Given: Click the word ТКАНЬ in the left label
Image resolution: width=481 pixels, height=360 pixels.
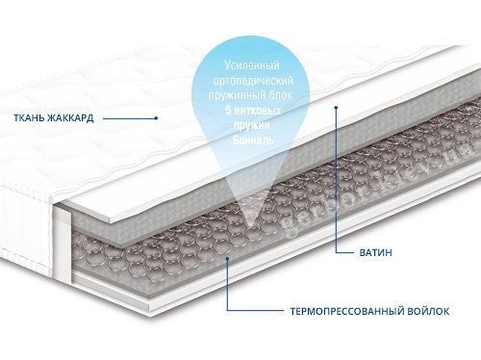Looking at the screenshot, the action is pyautogui.click(x=29, y=117).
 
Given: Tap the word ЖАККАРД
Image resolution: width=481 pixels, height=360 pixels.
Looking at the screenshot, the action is pyautogui.click(x=70, y=117).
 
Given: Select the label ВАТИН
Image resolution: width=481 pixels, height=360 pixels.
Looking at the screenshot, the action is pyautogui.click(x=375, y=252).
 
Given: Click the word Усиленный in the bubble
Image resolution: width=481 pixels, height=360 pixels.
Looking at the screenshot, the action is pyautogui.click(x=252, y=66).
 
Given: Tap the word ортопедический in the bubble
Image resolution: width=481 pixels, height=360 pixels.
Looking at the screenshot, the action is pyautogui.click(x=253, y=81).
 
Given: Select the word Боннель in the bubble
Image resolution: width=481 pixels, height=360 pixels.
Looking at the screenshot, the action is pyautogui.click(x=253, y=141).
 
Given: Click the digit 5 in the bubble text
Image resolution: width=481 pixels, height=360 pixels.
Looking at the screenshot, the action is pyautogui.click(x=228, y=111).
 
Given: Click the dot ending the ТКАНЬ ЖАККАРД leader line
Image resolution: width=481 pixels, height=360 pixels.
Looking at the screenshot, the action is pyautogui.click(x=156, y=118).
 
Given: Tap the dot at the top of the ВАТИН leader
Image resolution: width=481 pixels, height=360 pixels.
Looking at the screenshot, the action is pyautogui.click(x=337, y=107).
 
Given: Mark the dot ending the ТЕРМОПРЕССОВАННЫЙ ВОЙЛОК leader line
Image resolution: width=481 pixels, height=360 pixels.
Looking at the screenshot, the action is pyautogui.click(x=228, y=258).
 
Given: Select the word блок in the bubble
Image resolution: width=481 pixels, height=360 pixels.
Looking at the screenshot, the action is pyautogui.click(x=281, y=95).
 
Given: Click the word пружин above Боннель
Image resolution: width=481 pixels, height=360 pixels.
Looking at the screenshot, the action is pyautogui.click(x=252, y=125).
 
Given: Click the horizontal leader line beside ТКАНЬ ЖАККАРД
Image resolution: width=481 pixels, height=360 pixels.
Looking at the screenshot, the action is pyautogui.click(x=130, y=118).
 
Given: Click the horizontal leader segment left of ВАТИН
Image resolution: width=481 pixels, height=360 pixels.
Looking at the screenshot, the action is pyautogui.click(x=344, y=252).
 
